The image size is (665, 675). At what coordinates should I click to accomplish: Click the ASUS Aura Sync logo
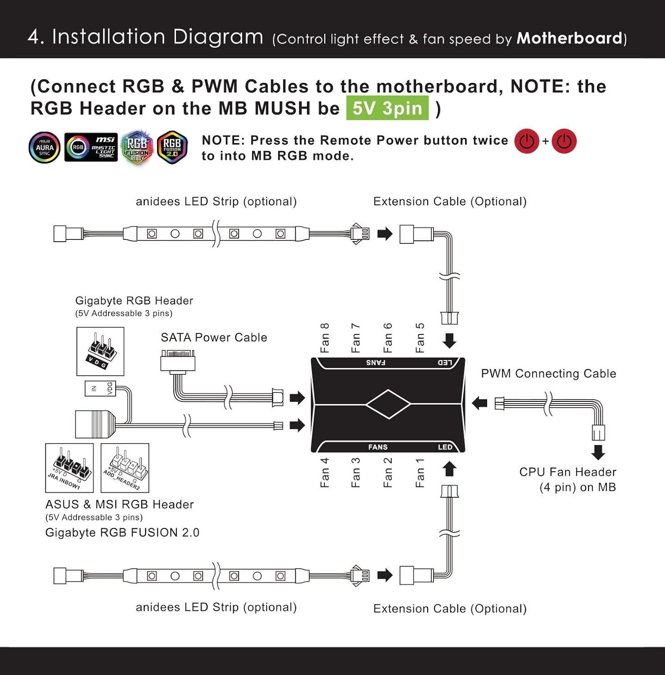point(45,147)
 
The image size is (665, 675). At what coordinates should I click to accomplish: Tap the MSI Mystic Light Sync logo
point(91,147)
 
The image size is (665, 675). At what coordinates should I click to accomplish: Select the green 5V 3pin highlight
point(387,108)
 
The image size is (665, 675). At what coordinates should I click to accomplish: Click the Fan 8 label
point(325,337)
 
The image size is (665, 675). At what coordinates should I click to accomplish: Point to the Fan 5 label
point(420,337)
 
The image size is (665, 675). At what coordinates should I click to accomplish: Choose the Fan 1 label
point(420,472)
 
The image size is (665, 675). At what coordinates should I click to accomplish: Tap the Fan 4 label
point(325,472)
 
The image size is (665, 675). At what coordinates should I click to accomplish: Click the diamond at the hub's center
point(388,404)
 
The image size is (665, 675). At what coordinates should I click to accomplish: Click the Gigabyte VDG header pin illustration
point(100,351)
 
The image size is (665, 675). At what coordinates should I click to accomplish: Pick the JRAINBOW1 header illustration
point(69,468)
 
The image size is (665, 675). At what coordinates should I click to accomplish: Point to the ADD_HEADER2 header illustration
point(125,468)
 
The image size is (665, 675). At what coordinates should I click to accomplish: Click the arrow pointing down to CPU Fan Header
point(598,452)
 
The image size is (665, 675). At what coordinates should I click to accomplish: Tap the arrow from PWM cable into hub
point(480,403)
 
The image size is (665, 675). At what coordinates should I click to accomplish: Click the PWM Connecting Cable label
point(548,373)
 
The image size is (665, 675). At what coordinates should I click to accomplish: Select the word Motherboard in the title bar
point(569,38)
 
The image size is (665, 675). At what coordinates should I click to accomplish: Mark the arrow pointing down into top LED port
point(449,341)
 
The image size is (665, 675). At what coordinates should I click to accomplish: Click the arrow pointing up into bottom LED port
point(449,469)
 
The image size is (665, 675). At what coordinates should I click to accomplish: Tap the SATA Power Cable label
point(214,337)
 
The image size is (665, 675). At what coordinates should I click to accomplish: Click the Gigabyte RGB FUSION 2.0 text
point(122,533)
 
